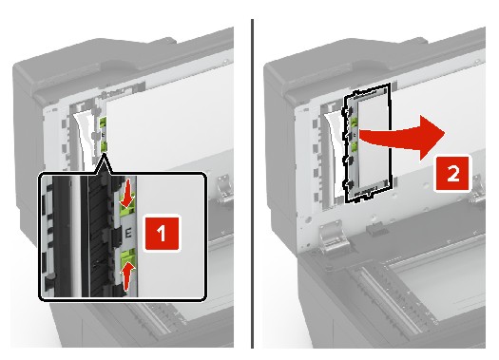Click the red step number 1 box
pyautogui.click(x=162, y=234)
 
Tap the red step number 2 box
pyautogui.click(x=452, y=173)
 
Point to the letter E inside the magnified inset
pyautogui.click(x=128, y=234)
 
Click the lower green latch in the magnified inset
pyautogui.click(x=127, y=257)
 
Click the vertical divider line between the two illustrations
pyautogui.click(x=253, y=183)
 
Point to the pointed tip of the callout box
pyautogui.click(x=104, y=153)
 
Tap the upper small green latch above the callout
pyautogui.click(x=103, y=123)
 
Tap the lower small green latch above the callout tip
pyautogui.click(x=103, y=146)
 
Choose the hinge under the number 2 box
pyautogui.click(x=478, y=190)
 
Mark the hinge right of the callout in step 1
pyautogui.click(x=225, y=188)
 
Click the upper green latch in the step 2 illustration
pyautogui.click(x=354, y=123)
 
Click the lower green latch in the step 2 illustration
pyautogui.click(x=354, y=147)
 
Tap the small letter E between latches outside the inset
pyautogui.click(x=103, y=135)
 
